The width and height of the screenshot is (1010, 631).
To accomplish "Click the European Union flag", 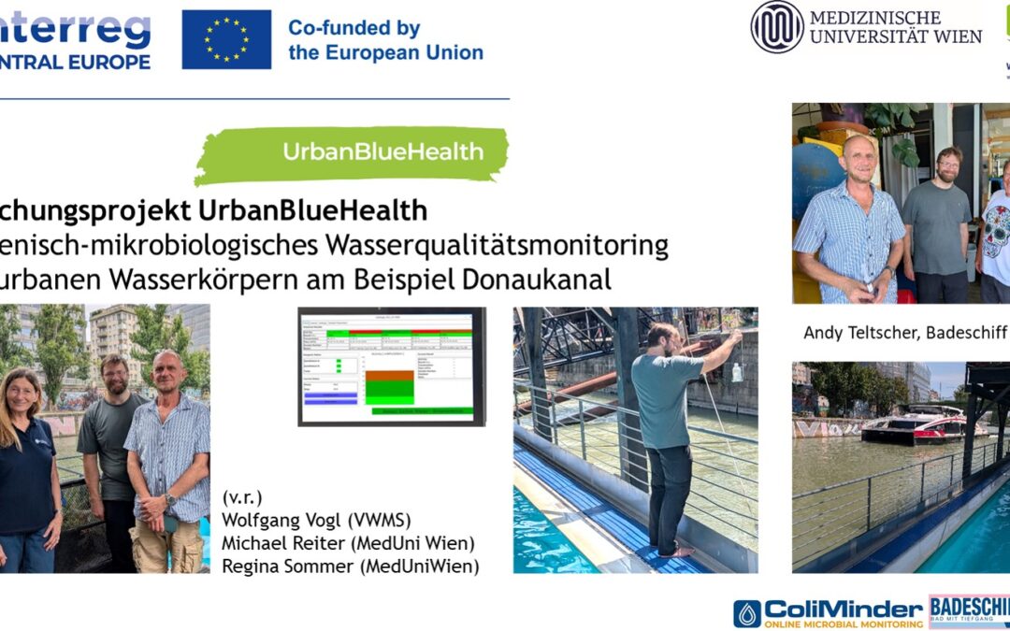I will coord(226,39).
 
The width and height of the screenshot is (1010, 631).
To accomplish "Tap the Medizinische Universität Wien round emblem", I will coord(776,26).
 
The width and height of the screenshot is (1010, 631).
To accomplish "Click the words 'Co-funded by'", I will coord(353,28).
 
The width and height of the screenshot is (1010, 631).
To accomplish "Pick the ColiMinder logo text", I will coord(844,608).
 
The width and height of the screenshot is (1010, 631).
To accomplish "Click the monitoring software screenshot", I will coord(392,366).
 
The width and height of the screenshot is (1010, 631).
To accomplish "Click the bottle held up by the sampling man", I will coord(738,372).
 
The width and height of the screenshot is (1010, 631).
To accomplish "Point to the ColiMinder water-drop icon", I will coord(746,613).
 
